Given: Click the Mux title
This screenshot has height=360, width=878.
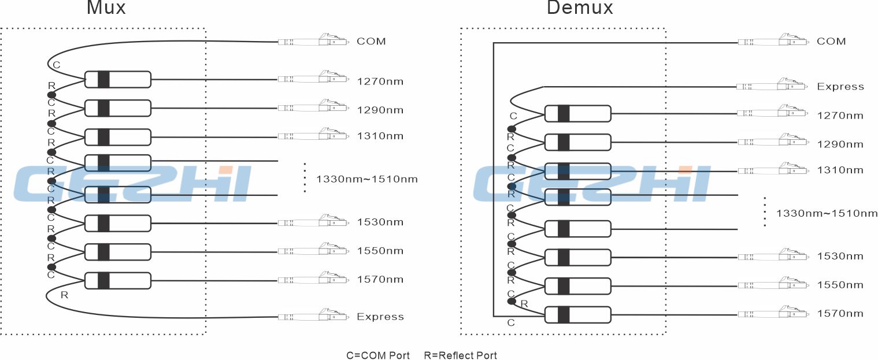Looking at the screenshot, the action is click(106, 8).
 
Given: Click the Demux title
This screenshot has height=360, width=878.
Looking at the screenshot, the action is click(580, 8).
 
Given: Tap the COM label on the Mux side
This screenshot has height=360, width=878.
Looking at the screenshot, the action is click(371, 41).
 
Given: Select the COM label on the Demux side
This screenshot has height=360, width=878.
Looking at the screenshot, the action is click(831, 41).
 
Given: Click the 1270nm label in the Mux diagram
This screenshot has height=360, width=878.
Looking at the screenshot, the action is click(380, 81).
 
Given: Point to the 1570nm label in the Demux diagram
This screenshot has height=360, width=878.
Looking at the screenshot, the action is click(840, 313).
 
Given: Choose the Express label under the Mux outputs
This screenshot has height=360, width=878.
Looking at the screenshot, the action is click(380, 317).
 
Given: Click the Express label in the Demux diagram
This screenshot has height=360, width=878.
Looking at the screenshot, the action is click(840, 87).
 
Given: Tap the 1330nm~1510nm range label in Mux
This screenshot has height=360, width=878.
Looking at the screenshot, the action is click(367, 179).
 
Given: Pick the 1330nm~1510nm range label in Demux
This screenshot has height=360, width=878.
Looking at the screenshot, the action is click(827, 213).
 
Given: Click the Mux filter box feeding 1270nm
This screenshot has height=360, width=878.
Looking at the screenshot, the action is click(118, 80).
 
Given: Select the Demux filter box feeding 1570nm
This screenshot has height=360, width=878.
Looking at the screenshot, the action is click(578, 315).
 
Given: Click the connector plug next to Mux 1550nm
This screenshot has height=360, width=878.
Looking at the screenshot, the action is click(313, 250).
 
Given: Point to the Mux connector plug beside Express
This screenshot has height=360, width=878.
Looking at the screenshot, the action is click(313, 316).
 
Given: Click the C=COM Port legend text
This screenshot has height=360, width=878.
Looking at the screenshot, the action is click(378, 355).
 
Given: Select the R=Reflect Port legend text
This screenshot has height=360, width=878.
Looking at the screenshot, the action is click(461, 355).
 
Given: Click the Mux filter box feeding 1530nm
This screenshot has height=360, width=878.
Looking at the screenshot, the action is click(118, 223).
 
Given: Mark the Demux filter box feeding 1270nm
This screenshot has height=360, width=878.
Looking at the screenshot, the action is click(578, 114).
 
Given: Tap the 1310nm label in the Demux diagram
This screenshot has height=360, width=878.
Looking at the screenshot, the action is click(840, 170).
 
